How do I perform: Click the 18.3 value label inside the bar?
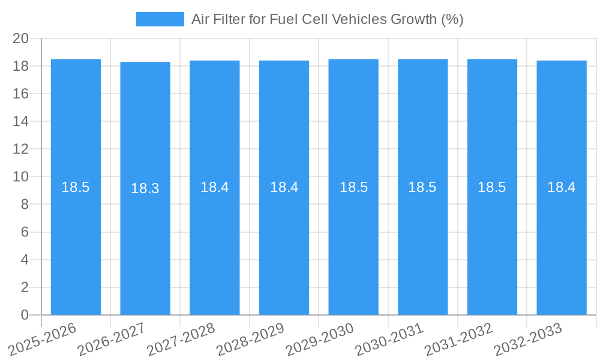(x=145, y=188)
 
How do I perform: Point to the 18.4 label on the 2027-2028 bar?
(x=215, y=187)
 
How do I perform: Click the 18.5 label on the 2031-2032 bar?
(x=492, y=187)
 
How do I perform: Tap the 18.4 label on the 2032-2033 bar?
(x=562, y=187)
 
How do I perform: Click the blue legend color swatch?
(x=160, y=19)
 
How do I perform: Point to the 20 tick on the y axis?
(x=21, y=38)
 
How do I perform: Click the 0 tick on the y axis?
(x=25, y=315)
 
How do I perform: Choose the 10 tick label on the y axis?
(x=21, y=176)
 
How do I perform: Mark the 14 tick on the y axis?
(x=21, y=121)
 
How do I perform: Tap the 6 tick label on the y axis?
(x=25, y=232)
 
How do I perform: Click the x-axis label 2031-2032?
(x=458, y=340)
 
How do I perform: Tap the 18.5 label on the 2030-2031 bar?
(x=422, y=187)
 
